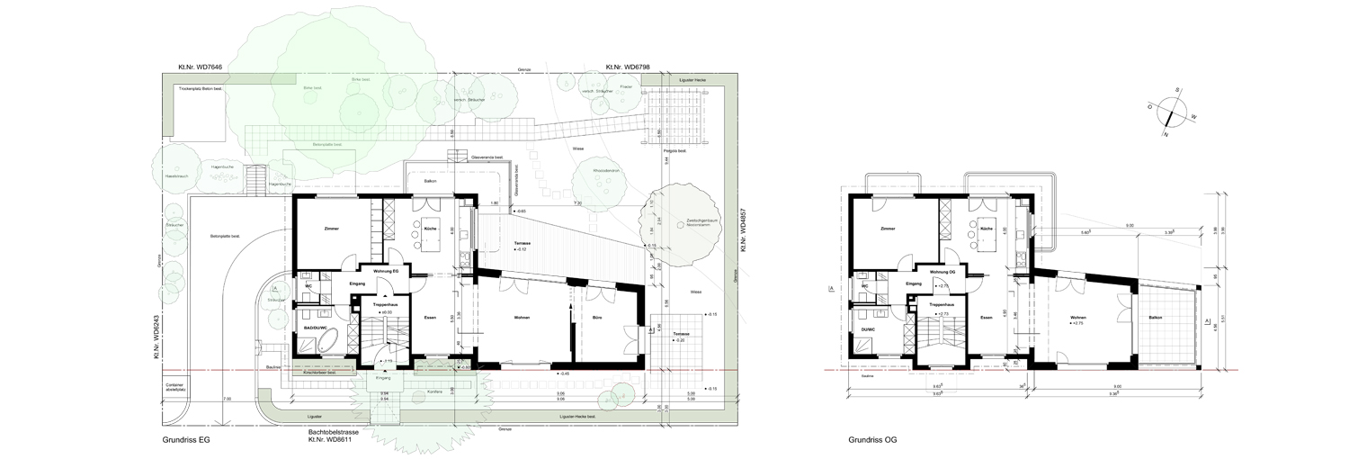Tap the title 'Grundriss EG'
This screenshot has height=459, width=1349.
[186, 441]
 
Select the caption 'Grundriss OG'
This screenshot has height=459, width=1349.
[871, 441]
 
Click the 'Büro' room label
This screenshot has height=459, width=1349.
[597, 318]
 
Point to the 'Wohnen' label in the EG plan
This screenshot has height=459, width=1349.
[522, 318]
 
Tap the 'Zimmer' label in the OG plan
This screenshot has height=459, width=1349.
[888, 229]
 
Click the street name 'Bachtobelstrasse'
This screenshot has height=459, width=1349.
[335, 432]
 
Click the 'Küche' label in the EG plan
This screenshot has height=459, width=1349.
[430, 229]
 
